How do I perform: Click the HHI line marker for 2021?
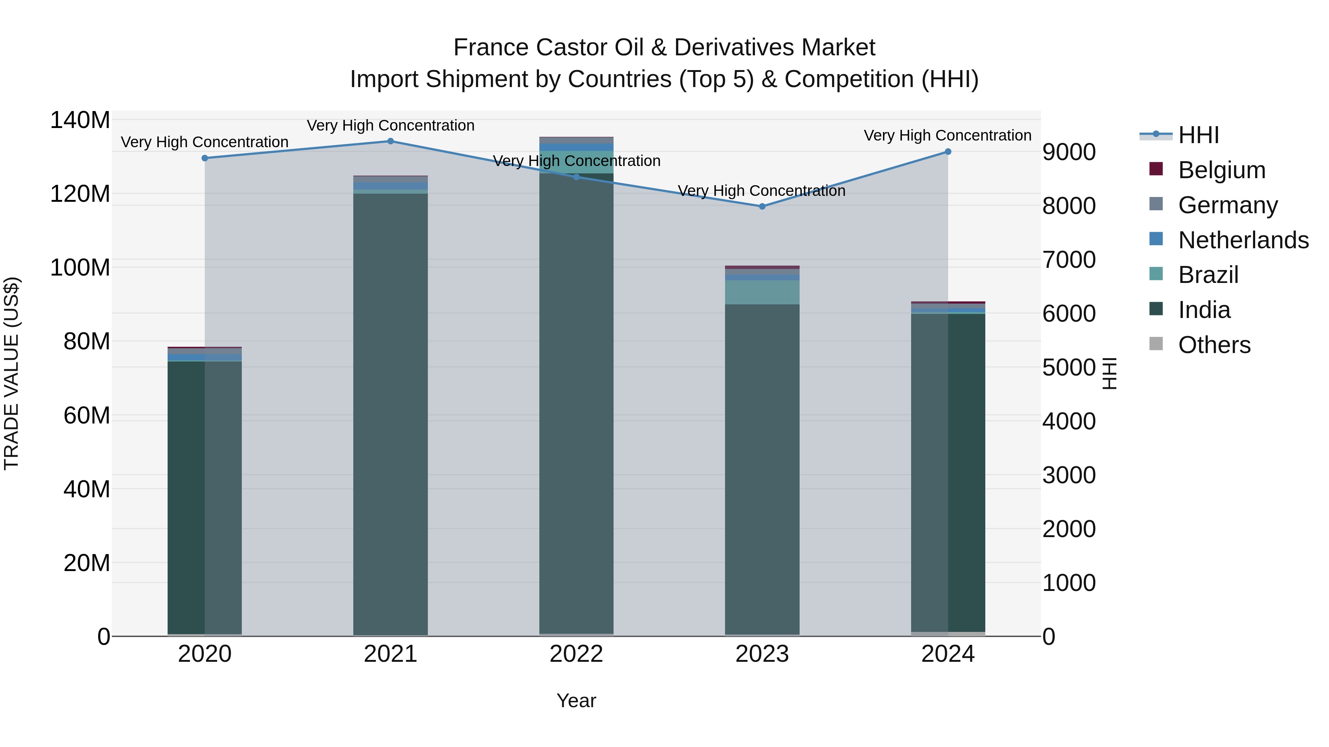[x=391, y=141]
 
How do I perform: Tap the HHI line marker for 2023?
[x=762, y=206]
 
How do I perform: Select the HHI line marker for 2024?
[x=948, y=152]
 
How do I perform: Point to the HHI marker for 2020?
[x=205, y=158]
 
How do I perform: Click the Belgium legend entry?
[x=1221, y=170]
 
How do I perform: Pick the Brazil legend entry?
[x=1208, y=275]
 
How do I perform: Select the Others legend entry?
[x=1214, y=345]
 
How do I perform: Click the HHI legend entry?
[x=1198, y=135]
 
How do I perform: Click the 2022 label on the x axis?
[x=576, y=654]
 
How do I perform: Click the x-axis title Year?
[x=576, y=701]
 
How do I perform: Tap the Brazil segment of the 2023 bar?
[x=762, y=292]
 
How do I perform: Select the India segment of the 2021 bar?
[x=391, y=412]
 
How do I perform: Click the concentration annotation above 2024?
[x=948, y=136]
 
